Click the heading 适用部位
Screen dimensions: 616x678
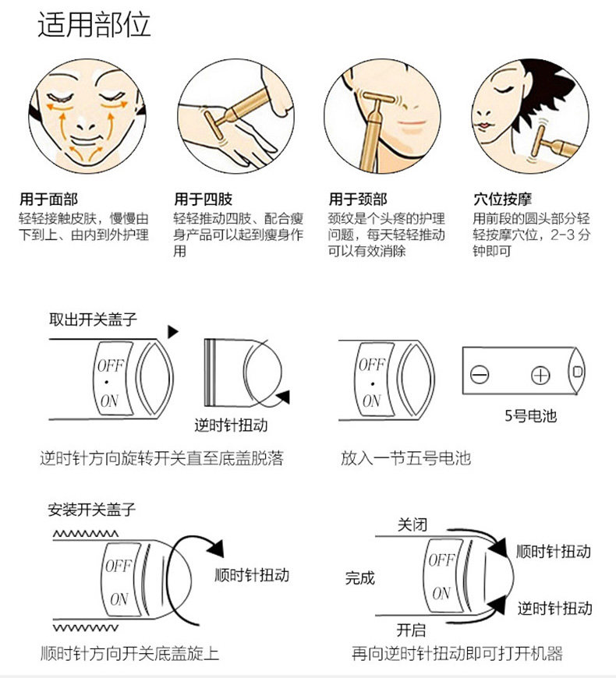click(94, 25)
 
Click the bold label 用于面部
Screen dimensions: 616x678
click(48, 200)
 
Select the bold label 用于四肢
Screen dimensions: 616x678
click(203, 200)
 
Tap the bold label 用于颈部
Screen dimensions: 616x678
click(358, 200)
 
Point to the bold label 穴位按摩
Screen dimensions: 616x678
click(503, 200)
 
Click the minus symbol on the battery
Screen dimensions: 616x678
click(480, 375)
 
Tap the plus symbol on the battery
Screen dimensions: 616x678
click(540, 375)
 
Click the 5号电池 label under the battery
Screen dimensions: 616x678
click(530, 416)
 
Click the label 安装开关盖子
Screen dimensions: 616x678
click(92, 510)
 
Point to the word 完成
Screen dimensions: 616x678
click(360, 578)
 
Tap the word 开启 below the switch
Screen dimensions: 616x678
click(411, 629)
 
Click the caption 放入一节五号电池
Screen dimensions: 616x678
click(405, 458)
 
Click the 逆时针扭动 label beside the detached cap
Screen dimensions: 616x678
click(231, 426)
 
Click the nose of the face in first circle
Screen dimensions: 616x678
click(77, 117)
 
